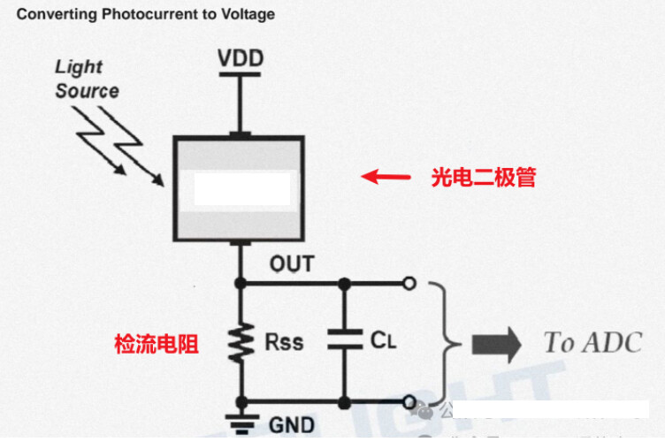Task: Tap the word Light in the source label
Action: click(79, 67)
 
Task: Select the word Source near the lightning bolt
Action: click(87, 91)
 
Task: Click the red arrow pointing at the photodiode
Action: click(386, 177)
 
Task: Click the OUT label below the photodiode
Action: click(292, 264)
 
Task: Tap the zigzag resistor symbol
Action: click(238, 339)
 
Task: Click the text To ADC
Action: click(592, 342)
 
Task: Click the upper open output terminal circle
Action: click(408, 283)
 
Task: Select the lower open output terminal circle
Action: click(408, 400)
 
